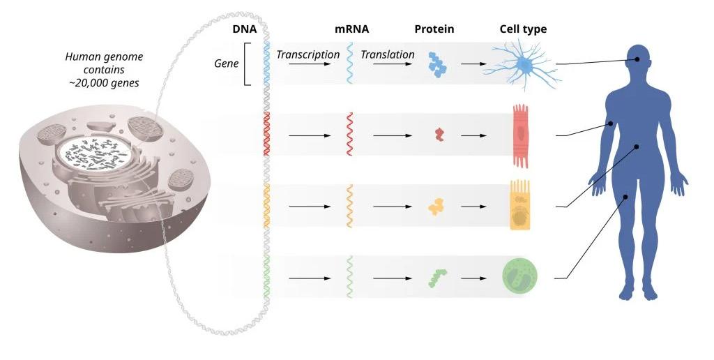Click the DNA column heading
(245, 29)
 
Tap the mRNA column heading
(352, 29)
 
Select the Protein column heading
(434, 29)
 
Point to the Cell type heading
(523, 29)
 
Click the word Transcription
(308, 54)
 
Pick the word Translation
(387, 54)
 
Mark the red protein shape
(439, 135)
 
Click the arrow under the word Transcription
(310, 64)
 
